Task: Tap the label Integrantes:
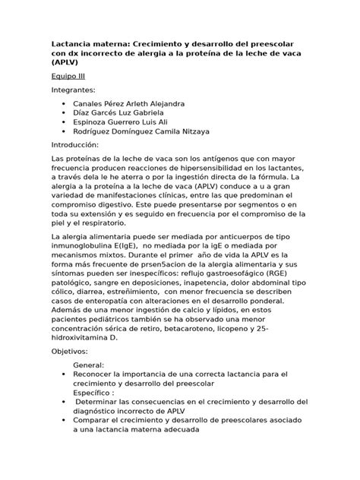pos(76,90)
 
